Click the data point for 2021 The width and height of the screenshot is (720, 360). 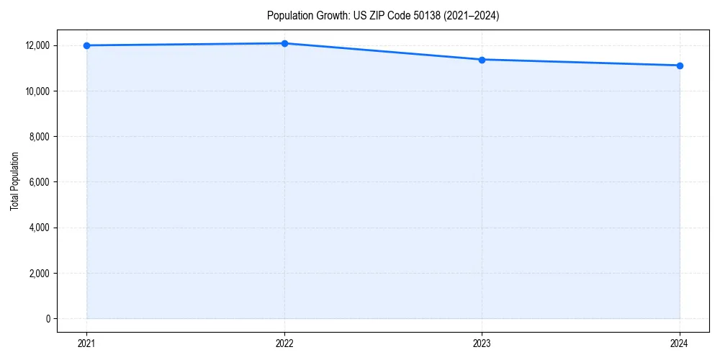pos(86,45)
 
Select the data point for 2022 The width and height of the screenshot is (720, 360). pos(284,43)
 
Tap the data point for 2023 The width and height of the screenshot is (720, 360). pos(482,60)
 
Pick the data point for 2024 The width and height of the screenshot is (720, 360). pos(680,66)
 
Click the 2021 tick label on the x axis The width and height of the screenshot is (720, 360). pos(86,343)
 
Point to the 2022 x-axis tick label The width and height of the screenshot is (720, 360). pos(284,343)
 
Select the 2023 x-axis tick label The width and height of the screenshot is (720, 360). pos(482,343)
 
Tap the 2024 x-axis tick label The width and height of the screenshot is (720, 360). pos(680,343)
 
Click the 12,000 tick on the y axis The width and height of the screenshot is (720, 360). pos(36,45)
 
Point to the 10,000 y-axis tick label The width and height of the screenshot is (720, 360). pos(36,91)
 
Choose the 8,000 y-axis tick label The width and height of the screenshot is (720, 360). pos(38,137)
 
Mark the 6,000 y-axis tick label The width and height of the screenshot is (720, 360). pos(38,182)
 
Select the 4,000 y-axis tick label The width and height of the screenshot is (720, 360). pos(38,228)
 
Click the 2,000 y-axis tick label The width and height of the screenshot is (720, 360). pos(38,274)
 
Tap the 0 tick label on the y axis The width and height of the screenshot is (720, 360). pos(47,319)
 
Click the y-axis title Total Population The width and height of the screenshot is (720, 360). pos(14,181)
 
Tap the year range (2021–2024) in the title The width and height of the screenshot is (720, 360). pos(464,15)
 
